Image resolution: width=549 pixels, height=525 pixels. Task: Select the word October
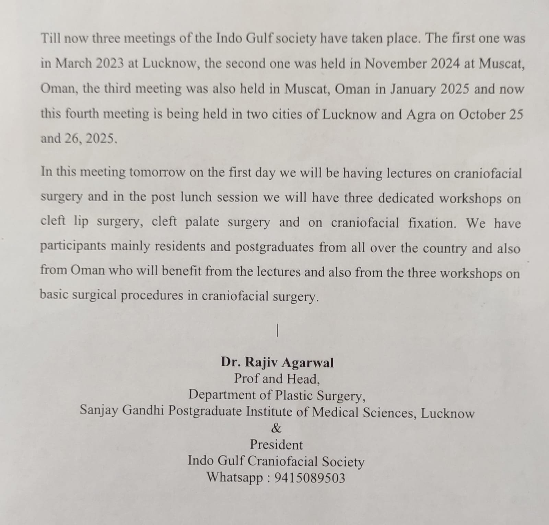click(x=482, y=114)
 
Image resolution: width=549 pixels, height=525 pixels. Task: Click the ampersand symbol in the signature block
click(x=276, y=428)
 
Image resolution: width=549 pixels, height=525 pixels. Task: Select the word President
click(x=276, y=445)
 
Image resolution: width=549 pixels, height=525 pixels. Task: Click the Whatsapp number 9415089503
click(x=310, y=478)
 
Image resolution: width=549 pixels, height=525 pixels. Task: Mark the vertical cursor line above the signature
click(x=277, y=331)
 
